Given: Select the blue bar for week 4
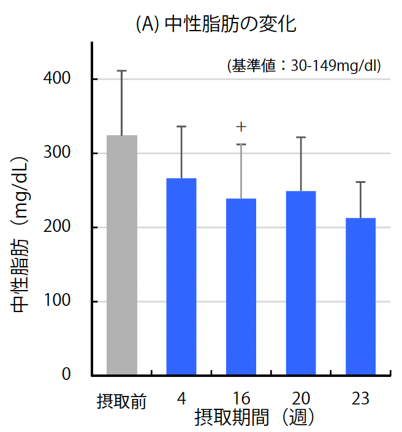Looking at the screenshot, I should point(181,276).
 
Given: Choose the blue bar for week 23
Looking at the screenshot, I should point(360,296).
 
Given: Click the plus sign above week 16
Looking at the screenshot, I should point(241,127).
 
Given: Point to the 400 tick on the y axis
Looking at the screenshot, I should point(58,79).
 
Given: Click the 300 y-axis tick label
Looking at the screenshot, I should point(58,153).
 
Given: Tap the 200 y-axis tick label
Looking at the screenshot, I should point(58,227).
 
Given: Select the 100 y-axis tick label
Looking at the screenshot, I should point(58,301).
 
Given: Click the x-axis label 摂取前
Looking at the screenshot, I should point(121,401).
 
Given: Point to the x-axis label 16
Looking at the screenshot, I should point(241,400).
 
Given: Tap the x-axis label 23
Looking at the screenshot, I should point(360,400).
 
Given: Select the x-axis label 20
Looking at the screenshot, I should point(301,400).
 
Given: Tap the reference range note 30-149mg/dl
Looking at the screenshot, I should point(304,65).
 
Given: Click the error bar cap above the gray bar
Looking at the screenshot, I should point(122,71).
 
